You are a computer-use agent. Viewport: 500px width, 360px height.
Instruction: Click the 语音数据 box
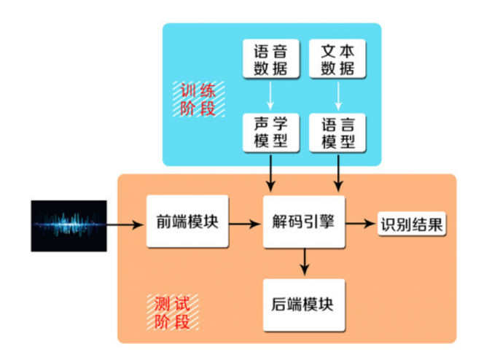pos(270,59)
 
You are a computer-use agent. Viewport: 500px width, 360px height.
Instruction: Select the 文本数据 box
pos(337,59)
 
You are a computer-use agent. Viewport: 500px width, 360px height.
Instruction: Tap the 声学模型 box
pos(270,131)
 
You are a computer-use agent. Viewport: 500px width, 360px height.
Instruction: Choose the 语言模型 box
pos(337,131)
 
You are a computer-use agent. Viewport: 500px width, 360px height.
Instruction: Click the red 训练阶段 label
pos(198,100)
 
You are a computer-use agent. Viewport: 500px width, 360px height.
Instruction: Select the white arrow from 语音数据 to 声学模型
pos(270,95)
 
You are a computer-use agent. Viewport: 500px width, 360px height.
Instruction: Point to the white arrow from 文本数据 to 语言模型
pos(337,95)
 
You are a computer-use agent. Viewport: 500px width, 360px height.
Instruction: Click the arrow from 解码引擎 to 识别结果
pos(361,223)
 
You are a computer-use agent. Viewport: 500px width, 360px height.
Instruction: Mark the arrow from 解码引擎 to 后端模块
pos(304,261)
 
